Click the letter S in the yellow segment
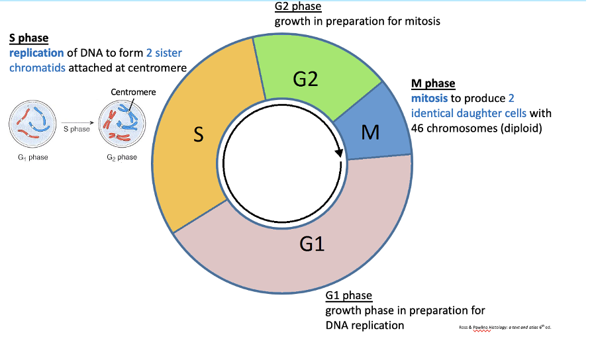pos(198,135)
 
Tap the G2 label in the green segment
pos(305,79)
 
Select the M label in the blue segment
pos(370,133)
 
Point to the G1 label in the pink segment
pos(311,245)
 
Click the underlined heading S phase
pos(28,39)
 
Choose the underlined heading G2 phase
pos(298,7)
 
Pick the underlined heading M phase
pos(433,83)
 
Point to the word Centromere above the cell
pos(133,92)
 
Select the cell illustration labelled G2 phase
pos(121,124)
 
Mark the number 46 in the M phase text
pos(418,128)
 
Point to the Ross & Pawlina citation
pos(505,328)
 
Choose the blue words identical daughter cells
pos(469,113)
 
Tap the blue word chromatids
pos(37,67)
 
